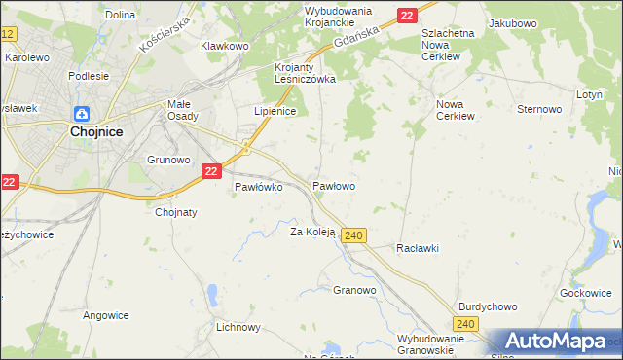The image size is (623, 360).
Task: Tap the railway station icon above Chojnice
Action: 82,114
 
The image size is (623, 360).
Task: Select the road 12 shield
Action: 8,34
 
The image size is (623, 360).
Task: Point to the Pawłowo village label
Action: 333,185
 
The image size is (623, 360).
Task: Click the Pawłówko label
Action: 258,188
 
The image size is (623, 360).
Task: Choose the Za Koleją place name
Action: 312,232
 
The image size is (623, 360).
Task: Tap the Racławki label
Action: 417,248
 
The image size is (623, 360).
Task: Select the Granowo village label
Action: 354,290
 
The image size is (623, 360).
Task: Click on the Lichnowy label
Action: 239,327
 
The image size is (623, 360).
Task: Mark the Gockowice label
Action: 586,293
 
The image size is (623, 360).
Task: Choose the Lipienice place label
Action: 275,111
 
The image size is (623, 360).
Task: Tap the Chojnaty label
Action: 176,212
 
